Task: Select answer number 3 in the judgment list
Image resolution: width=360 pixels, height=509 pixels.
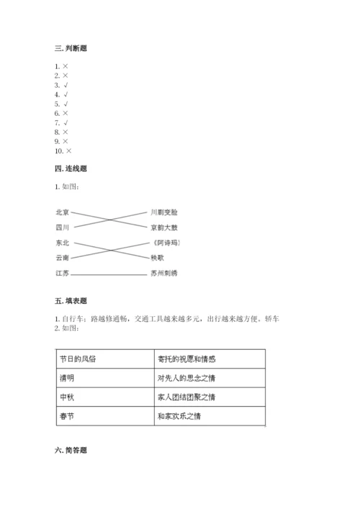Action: coord(61,85)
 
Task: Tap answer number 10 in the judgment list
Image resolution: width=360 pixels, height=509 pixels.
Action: coord(63,151)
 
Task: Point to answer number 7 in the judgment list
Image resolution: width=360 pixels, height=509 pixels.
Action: coord(61,123)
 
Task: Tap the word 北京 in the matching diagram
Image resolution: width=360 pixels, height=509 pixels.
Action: coord(62,212)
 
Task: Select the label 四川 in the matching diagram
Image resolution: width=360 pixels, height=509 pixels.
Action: coord(62,228)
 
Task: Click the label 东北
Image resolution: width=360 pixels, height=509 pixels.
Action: coord(62,243)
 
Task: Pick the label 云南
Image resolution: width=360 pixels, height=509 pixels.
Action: coord(62,258)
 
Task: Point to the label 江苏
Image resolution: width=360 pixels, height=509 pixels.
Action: coord(62,274)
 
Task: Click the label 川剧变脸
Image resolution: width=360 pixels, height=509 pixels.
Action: coord(163,212)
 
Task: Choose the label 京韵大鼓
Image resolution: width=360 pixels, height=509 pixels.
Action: coord(163,228)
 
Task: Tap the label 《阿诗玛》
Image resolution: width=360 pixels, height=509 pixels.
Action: coord(165,243)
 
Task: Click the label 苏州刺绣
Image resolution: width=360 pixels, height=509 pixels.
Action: coord(163,274)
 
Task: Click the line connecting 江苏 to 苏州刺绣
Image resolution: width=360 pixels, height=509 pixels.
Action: coord(108,274)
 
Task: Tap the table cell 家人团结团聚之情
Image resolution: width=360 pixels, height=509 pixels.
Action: coord(186,397)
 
